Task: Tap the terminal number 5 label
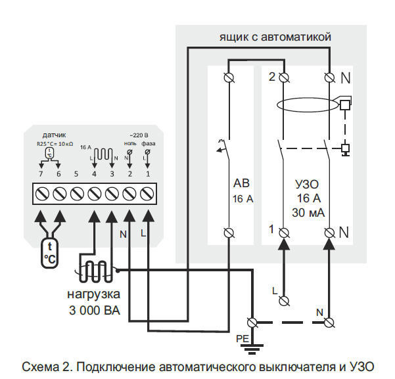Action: click(76, 173)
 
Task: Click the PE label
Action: click(243, 337)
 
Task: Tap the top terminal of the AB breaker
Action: click(229, 78)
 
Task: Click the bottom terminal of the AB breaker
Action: click(229, 232)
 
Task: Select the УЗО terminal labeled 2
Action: click(283, 78)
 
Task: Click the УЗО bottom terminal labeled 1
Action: click(283, 232)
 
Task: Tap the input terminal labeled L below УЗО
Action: click(283, 301)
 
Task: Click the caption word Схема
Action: click(37, 366)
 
